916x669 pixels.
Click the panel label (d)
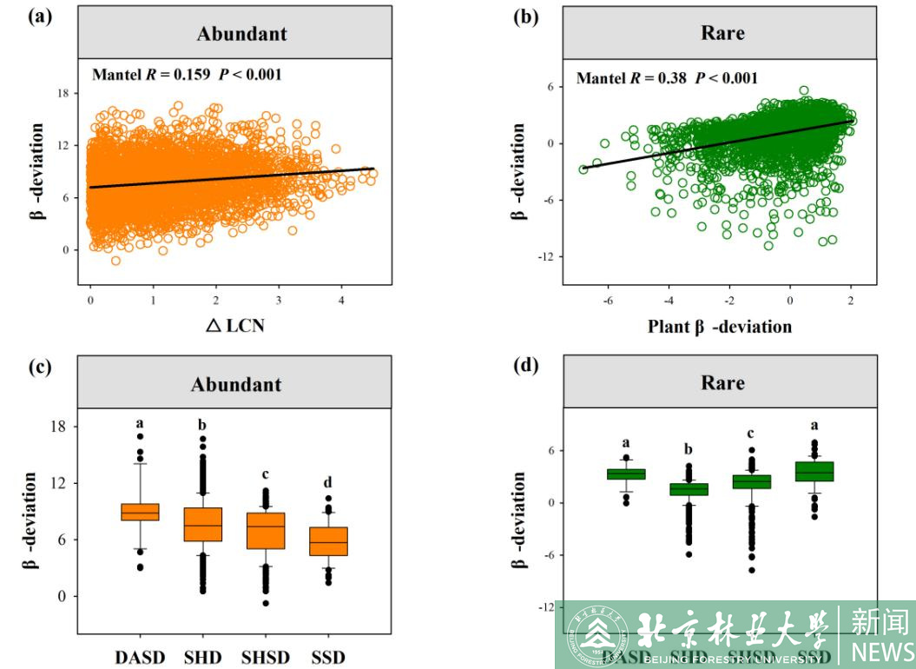point(525,366)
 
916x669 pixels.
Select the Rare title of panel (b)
point(722,34)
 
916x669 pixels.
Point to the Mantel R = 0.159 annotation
point(187,75)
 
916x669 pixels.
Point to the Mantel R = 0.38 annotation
point(667,78)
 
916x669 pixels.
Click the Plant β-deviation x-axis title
point(720,327)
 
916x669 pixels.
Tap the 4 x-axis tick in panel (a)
point(341,300)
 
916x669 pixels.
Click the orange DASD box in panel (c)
point(140,512)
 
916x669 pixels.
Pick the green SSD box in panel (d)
point(814,471)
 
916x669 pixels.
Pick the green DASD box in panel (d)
point(626,474)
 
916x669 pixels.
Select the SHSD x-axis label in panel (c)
point(265,658)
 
